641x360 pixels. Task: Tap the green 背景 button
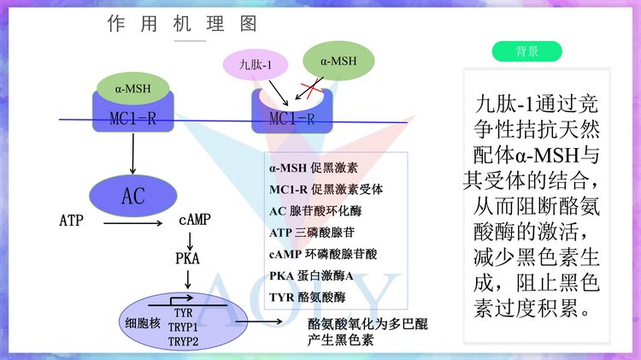tap(526, 51)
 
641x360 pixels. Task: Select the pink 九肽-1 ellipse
tap(255, 64)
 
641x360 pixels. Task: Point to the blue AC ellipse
tap(132, 196)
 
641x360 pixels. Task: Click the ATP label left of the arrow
tap(72, 221)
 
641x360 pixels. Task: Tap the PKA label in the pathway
tap(187, 257)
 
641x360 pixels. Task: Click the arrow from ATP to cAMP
tap(132, 224)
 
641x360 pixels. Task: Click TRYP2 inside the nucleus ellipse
tap(182, 341)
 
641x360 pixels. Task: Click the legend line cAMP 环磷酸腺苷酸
tap(323, 254)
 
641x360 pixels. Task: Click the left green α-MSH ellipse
tap(132, 86)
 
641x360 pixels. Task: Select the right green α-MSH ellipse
tap(338, 62)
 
